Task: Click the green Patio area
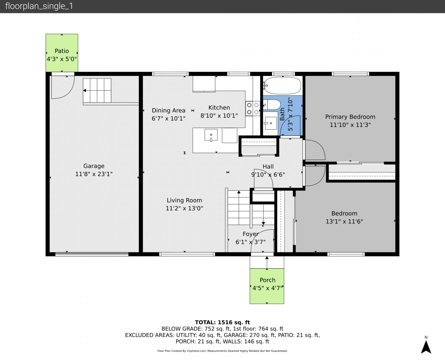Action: [x=62, y=53]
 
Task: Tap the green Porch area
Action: [x=267, y=286]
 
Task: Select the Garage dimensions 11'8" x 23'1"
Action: [x=94, y=174]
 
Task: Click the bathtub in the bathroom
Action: [x=282, y=85]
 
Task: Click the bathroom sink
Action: [x=271, y=123]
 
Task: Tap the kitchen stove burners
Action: [x=253, y=108]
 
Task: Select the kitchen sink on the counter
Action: [x=211, y=135]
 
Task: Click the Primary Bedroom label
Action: [x=350, y=117]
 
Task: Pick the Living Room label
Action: [x=184, y=200]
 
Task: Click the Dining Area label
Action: [x=168, y=111]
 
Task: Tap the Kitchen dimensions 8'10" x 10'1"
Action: [x=219, y=116]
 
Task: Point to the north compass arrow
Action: [x=426, y=347]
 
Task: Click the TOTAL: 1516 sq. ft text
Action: [x=222, y=322]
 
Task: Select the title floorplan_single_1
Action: [x=39, y=6]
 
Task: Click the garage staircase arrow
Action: [x=97, y=90]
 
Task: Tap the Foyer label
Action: [x=251, y=234]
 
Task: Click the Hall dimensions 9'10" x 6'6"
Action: [x=268, y=174]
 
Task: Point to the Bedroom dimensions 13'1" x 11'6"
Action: [x=344, y=221]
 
